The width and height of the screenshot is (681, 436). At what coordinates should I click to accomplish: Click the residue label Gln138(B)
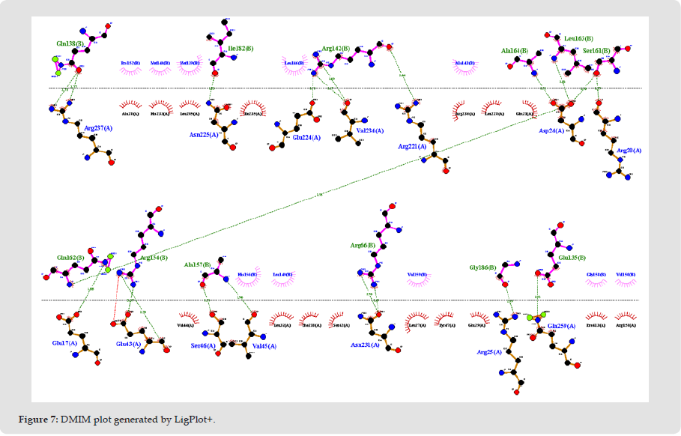click(x=70, y=44)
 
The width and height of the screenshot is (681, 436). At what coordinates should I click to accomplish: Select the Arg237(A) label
click(x=98, y=128)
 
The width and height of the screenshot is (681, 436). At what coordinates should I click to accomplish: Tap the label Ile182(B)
click(x=239, y=49)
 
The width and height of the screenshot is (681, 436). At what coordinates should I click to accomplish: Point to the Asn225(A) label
click(x=204, y=136)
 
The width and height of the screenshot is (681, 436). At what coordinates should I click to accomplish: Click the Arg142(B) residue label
click(x=336, y=49)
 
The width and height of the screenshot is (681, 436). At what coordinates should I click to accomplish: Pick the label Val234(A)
click(x=370, y=130)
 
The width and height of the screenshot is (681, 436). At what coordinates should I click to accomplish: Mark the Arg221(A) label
click(x=412, y=147)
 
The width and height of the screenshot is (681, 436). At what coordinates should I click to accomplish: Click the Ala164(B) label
click(x=515, y=51)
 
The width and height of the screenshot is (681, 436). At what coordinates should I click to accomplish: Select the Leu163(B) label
click(x=578, y=38)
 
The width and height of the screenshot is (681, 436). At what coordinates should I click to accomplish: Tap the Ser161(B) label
click(x=598, y=51)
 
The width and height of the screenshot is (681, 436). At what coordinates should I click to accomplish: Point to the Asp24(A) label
click(x=551, y=131)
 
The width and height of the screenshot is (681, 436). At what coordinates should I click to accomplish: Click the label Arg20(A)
click(x=629, y=151)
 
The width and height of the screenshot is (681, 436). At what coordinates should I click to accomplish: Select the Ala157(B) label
click(x=198, y=264)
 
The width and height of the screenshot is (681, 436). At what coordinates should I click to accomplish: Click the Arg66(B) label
click(x=363, y=245)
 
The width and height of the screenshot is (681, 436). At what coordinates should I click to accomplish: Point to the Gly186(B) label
click(x=483, y=267)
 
